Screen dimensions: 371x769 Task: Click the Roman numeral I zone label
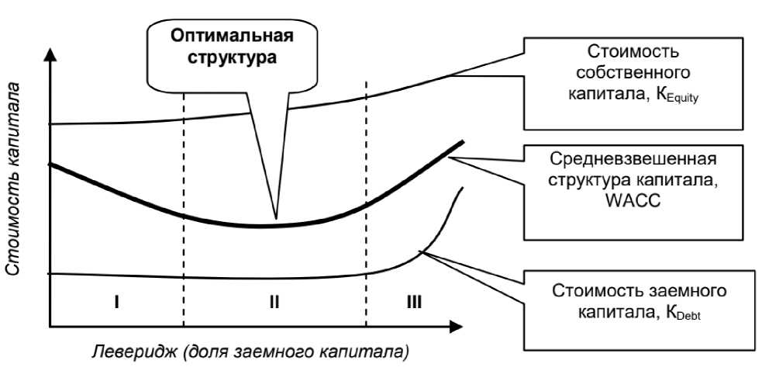[x=115, y=302]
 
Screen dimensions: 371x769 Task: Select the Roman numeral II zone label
[x=273, y=302]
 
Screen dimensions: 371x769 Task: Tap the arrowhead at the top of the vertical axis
[x=49, y=55]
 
